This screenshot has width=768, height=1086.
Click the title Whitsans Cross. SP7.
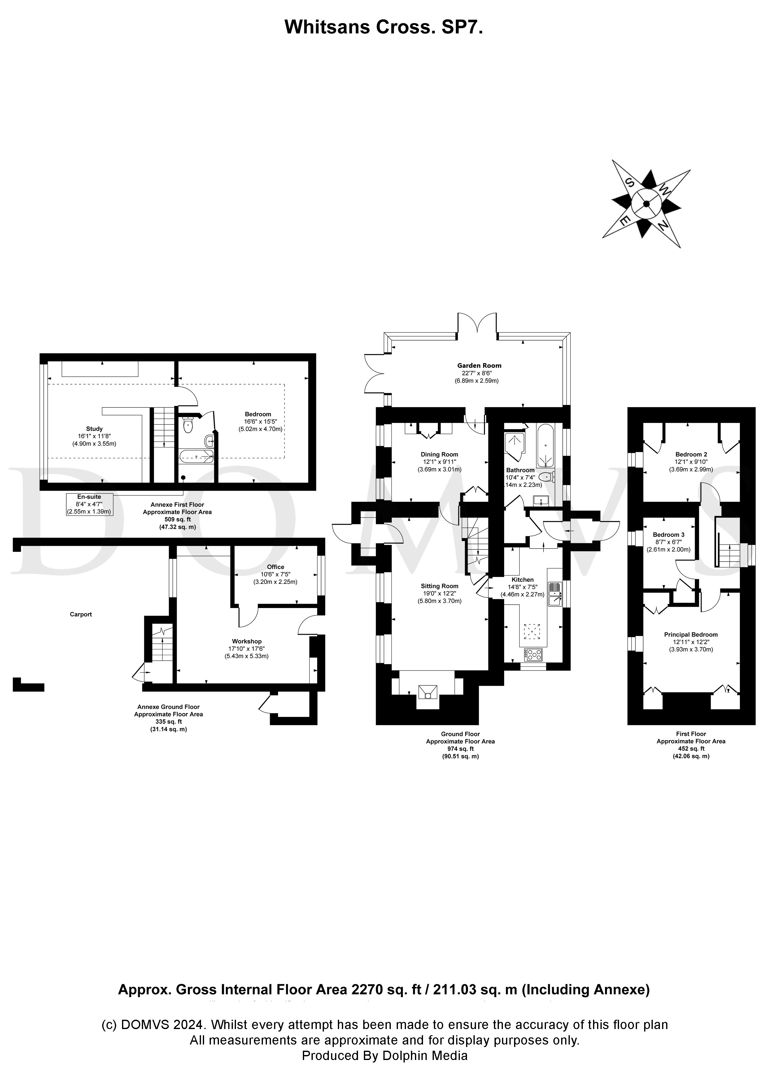[x=383, y=28]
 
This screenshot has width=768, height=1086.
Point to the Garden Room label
[x=479, y=365]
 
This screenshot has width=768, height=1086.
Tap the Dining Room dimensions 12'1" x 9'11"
[x=440, y=462]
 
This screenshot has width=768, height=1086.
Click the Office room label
[x=275, y=567]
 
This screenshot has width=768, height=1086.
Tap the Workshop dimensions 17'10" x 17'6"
[x=247, y=649]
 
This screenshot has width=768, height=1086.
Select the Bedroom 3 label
[x=668, y=534]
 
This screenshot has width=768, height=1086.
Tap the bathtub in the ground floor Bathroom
[x=545, y=445]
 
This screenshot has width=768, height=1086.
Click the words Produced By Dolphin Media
[x=384, y=1055]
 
